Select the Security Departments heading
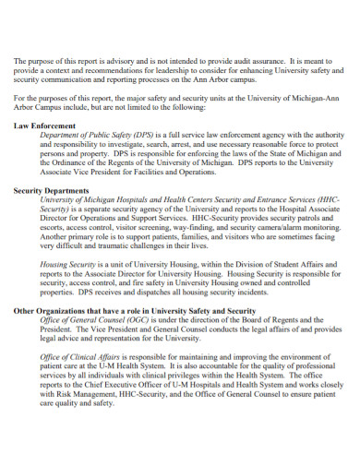[x=51, y=189]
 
